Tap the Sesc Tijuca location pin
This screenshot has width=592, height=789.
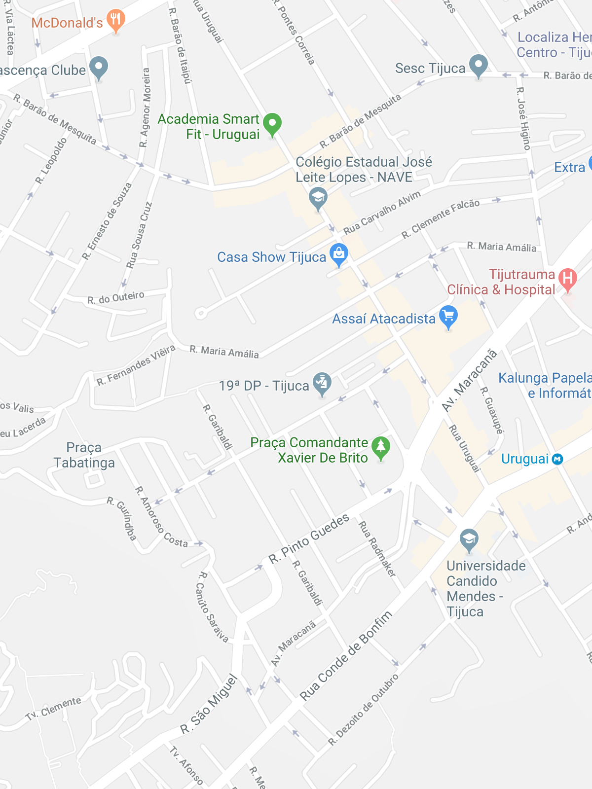478,66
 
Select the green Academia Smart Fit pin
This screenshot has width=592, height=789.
272,124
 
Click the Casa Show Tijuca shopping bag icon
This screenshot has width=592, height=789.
338,254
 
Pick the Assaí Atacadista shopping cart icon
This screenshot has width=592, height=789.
448,317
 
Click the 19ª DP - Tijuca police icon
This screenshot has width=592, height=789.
322,384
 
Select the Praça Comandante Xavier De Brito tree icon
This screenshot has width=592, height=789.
380,448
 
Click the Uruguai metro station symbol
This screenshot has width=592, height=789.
557,459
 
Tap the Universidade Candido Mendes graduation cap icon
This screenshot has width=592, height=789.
469,540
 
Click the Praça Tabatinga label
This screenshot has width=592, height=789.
84,455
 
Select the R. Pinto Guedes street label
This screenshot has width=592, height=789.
309,538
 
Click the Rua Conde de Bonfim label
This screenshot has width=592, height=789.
346,655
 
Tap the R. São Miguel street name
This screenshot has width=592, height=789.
209,704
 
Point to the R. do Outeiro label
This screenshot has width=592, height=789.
116,298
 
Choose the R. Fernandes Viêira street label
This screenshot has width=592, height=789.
136,365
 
